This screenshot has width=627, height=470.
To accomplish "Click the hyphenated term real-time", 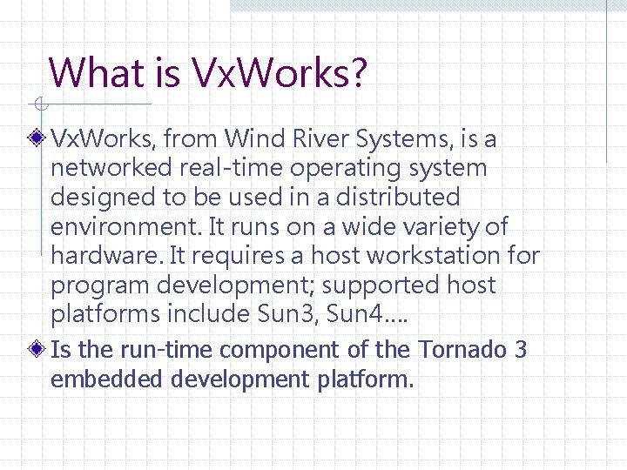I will tap(239, 167).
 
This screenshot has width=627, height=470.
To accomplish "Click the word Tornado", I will tap(462, 349).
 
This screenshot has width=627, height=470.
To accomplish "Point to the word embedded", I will tap(107, 379).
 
